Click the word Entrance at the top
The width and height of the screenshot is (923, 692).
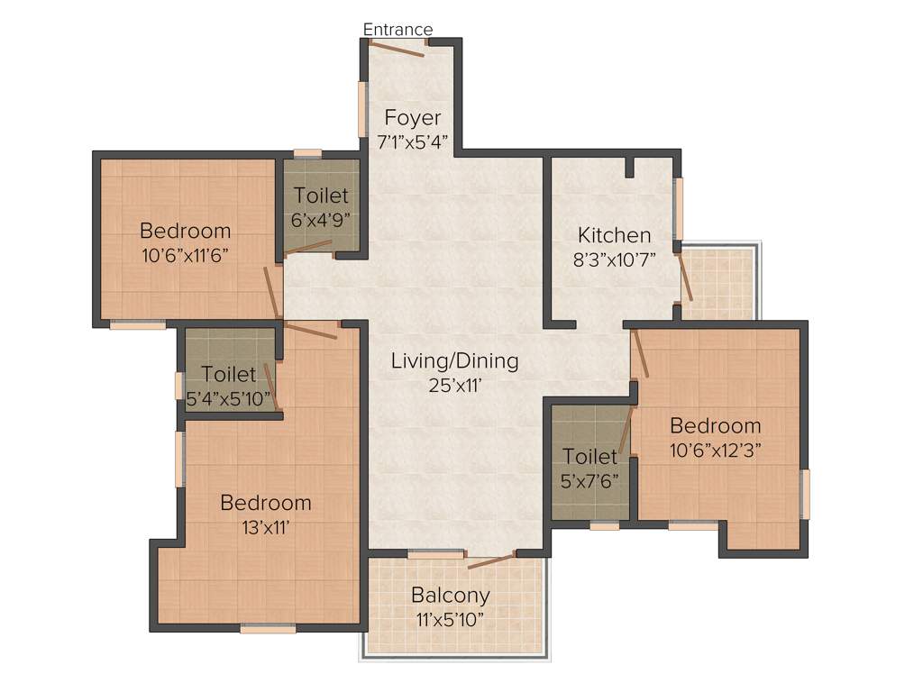pos(398,29)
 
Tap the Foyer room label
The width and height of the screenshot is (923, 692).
pos(413,118)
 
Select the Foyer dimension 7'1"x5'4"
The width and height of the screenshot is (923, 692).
pos(413,141)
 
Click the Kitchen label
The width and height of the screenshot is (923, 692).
pos(614,235)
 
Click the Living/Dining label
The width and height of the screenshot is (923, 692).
pos(455,361)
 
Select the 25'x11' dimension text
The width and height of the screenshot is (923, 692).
pos(455,385)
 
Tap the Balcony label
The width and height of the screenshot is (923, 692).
pos(451,595)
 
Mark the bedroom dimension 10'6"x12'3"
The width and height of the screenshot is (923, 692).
pos(715,449)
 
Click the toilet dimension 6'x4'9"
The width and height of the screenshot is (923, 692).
pos(321,218)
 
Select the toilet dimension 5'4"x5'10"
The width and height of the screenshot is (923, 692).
pos(229,397)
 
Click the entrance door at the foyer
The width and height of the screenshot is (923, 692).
pos(397,49)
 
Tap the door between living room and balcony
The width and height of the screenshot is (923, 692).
pos(490,561)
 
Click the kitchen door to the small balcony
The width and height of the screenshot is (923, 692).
pos(685,278)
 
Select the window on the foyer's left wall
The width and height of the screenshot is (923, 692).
pos(362,108)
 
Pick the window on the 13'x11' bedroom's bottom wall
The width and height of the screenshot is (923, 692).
pos(268,629)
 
